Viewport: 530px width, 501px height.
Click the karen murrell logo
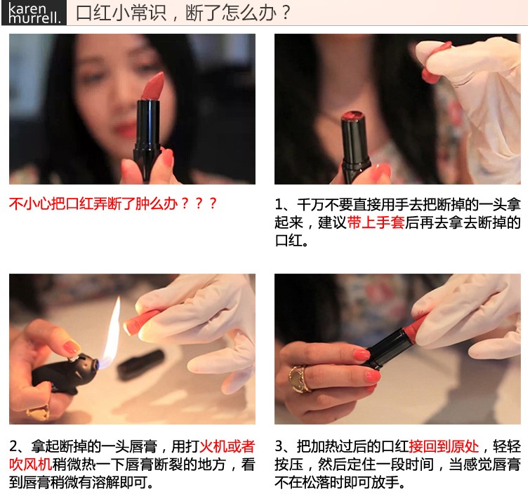point(34,13)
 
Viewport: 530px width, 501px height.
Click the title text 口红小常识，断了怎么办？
point(183,13)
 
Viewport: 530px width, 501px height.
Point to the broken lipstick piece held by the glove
point(435,62)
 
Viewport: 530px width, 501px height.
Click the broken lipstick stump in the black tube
point(353,116)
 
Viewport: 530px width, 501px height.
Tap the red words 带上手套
point(376,222)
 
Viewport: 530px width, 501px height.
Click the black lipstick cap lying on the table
point(140,364)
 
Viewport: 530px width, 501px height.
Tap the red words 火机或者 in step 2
point(227,446)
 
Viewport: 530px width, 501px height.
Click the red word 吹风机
point(31,465)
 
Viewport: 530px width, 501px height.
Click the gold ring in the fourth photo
point(299,379)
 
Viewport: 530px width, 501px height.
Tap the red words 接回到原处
point(444,446)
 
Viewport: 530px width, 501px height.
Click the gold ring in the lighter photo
point(38,412)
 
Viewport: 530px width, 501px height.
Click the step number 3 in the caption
point(279,446)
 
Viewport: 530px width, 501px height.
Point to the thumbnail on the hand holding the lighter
point(72,347)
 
